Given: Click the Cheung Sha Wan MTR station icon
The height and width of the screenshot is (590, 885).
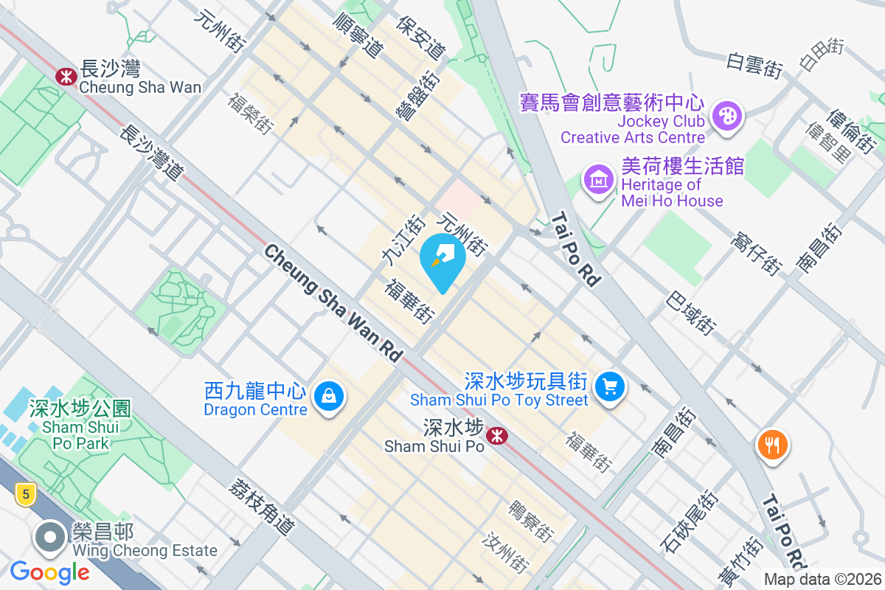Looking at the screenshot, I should (x=66, y=75).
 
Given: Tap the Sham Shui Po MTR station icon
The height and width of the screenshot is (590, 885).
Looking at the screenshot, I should (x=496, y=437).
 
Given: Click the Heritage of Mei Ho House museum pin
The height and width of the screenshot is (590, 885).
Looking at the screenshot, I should (x=598, y=179).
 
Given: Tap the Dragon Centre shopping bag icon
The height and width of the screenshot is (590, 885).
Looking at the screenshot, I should (x=329, y=397).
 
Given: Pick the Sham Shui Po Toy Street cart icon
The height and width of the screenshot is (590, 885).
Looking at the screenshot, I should (x=609, y=386).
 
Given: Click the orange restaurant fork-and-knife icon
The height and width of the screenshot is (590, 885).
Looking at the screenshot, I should (x=772, y=445).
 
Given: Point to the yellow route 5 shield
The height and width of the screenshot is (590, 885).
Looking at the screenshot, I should (x=25, y=495).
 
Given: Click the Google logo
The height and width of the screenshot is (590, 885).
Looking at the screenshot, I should (x=50, y=572).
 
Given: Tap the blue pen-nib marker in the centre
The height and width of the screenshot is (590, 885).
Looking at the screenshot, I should (x=442, y=258).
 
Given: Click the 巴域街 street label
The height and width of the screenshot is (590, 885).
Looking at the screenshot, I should (x=690, y=313).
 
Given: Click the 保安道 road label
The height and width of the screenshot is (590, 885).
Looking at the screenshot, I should (x=421, y=38).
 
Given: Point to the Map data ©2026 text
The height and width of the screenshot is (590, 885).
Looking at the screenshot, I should (x=822, y=580).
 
